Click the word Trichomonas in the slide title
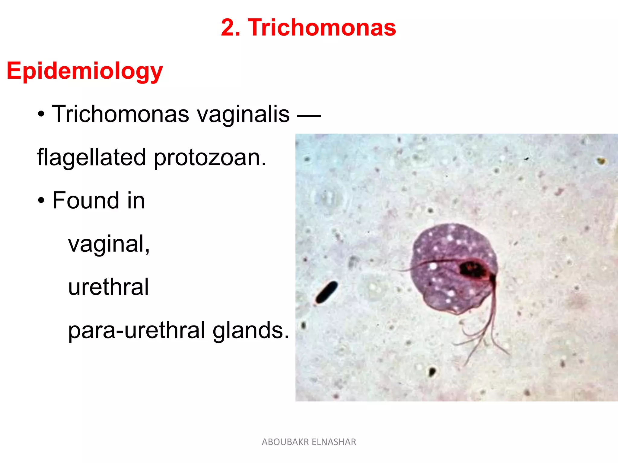pyautogui.click(x=322, y=27)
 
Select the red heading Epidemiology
pyautogui.click(x=85, y=71)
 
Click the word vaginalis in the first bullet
pyautogui.click(x=243, y=115)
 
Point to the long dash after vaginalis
pyautogui.click(x=309, y=115)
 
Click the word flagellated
pyautogui.click(x=91, y=158)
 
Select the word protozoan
pyautogui.click(x=210, y=158)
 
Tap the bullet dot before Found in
pyautogui.click(x=41, y=201)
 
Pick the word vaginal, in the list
pyautogui.click(x=109, y=244)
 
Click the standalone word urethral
pyautogui.click(x=108, y=287)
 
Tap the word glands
pyautogui.click(x=251, y=330)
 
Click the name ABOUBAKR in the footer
pyautogui.click(x=285, y=442)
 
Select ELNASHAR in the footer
pyautogui.click(x=334, y=442)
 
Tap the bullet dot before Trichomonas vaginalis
pyautogui.click(x=41, y=115)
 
